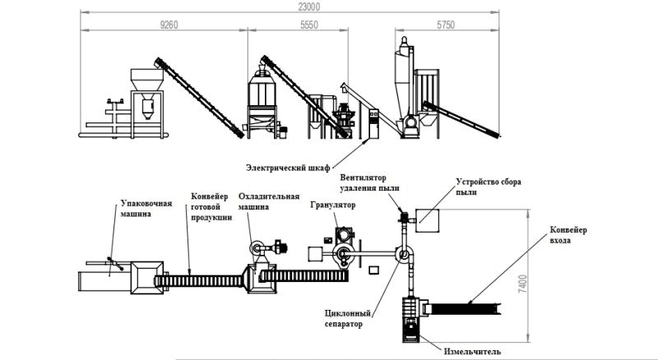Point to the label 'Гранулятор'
[x=330, y=204]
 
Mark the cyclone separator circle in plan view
[x=403, y=256]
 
